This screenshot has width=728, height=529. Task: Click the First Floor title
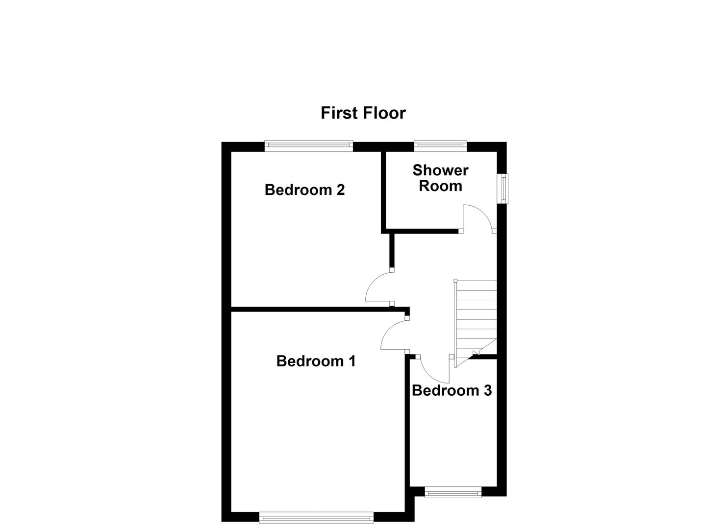[x=363, y=113]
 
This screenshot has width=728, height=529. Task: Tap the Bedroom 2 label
[x=304, y=190]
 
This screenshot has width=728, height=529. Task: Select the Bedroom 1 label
[x=316, y=361]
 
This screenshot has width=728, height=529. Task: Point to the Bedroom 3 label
[x=452, y=390]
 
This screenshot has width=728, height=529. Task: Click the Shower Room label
[x=440, y=178]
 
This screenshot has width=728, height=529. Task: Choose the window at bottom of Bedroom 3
[x=453, y=492]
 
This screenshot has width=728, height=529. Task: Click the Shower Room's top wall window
[x=440, y=144]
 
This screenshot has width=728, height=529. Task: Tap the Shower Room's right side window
[x=503, y=188]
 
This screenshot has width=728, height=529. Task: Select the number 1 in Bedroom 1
[x=351, y=361]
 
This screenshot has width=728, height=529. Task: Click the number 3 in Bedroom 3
[x=487, y=390]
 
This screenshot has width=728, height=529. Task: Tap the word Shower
[x=440, y=170]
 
